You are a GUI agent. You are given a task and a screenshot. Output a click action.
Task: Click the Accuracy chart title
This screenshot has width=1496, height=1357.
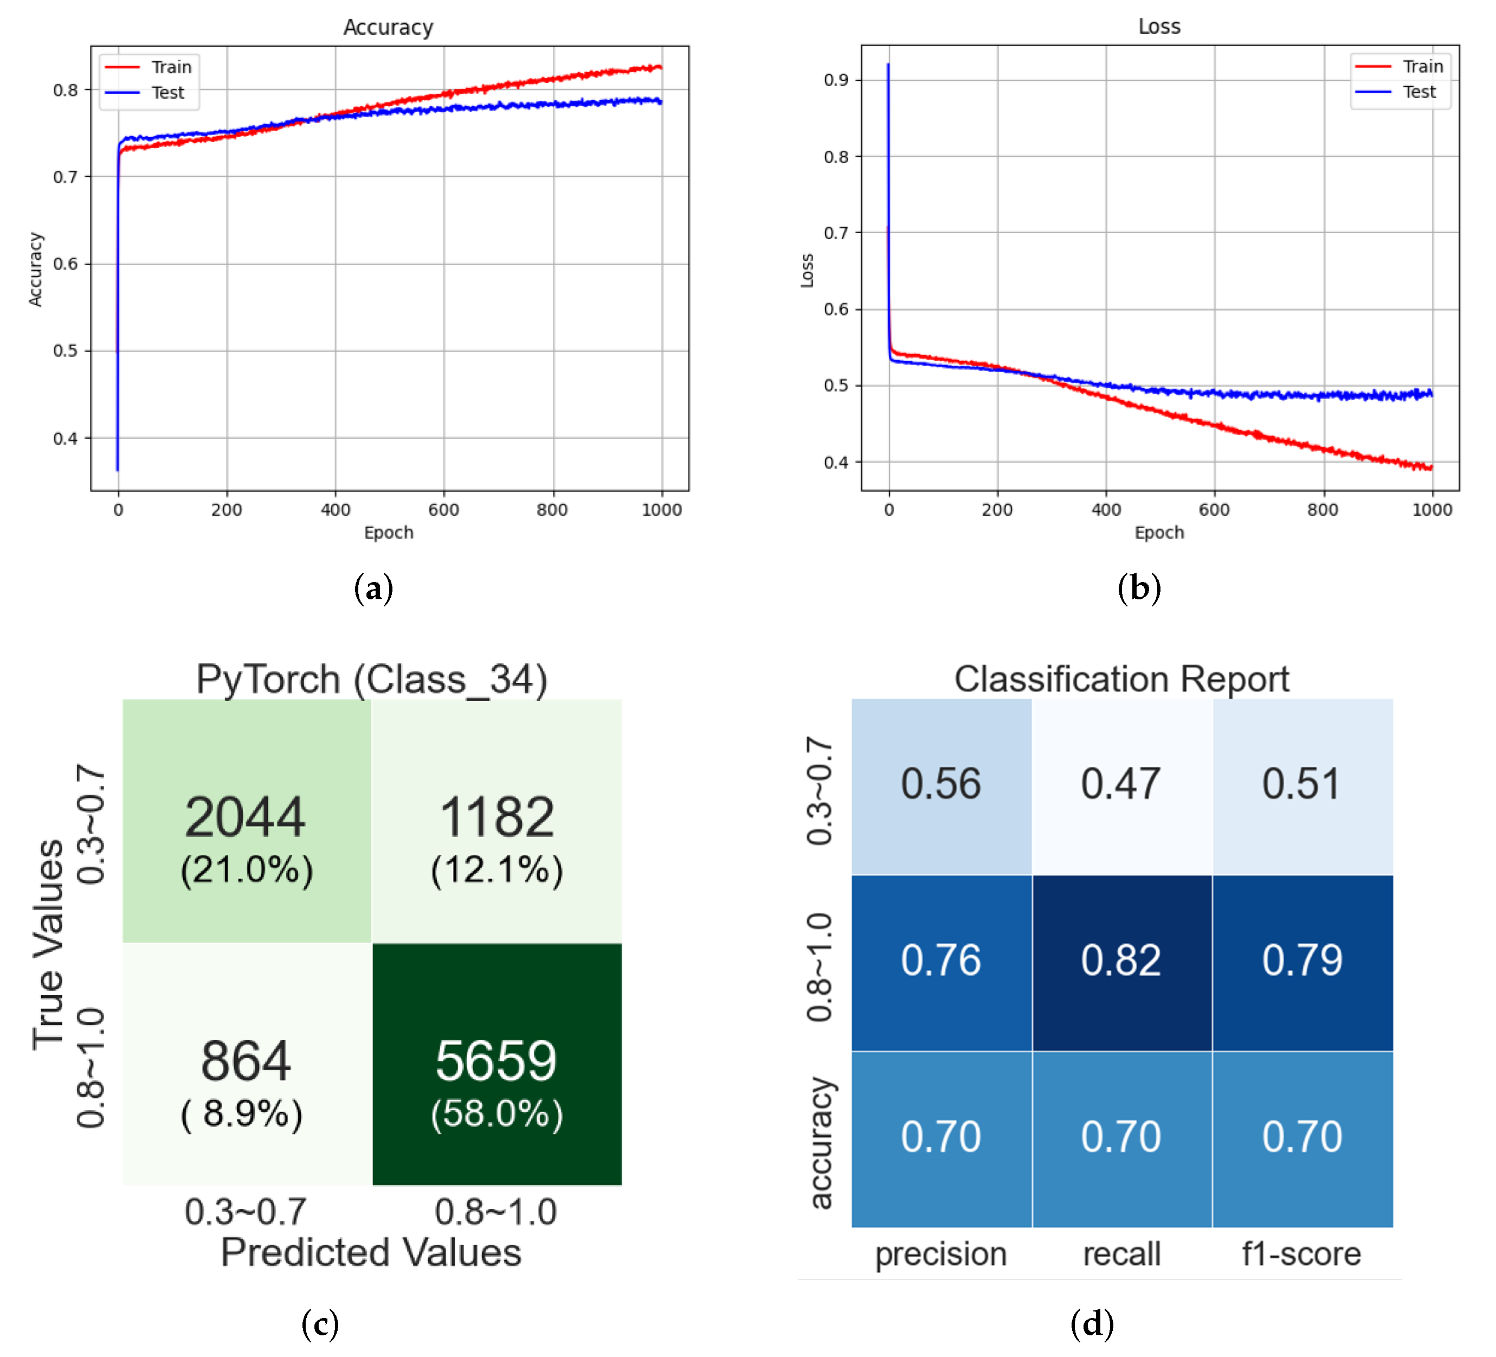click(x=388, y=28)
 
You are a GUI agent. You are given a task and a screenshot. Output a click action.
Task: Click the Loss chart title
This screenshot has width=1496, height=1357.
click(x=1158, y=27)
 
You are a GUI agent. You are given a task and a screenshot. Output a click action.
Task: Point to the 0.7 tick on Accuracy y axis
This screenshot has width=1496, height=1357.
click(x=65, y=177)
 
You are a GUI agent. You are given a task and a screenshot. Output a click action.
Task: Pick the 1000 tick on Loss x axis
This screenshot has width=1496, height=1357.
click(x=1431, y=510)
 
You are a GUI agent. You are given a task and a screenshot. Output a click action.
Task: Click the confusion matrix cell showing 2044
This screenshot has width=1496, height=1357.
click(x=247, y=820)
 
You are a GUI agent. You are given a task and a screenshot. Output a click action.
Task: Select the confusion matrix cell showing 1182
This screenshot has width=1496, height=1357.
click(x=496, y=820)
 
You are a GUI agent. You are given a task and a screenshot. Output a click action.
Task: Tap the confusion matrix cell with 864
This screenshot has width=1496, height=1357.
click(x=247, y=1064)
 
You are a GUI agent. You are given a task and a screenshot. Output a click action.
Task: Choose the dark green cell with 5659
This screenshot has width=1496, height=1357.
click(x=496, y=1064)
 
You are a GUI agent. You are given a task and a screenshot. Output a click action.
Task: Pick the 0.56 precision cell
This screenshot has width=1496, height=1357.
click(x=940, y=785)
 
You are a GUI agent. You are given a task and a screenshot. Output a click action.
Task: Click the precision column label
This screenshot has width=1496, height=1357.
click(x=940, y=1254)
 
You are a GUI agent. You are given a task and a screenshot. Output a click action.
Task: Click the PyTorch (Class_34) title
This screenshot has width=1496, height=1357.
click(x=371, y=679)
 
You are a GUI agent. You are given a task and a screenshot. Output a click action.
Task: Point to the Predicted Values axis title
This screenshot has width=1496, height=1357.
click(x=371, y=1253)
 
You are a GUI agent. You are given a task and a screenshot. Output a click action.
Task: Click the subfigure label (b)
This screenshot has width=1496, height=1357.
click(x=1138, y=588)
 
